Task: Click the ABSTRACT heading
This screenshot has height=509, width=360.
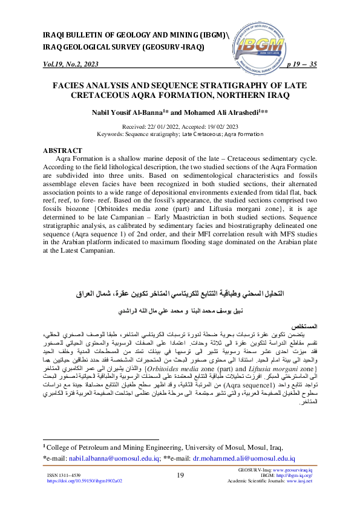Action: point(62,151)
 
